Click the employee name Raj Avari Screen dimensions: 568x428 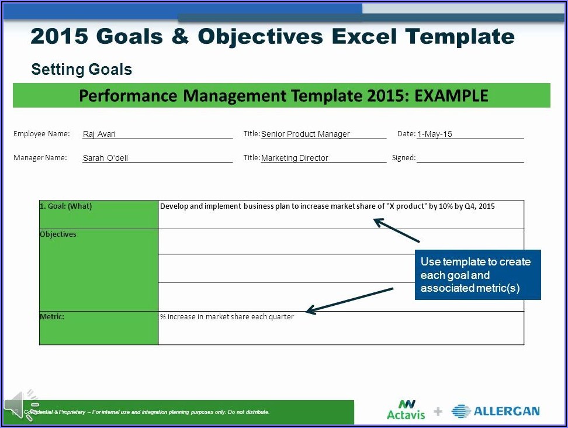coord(99,134)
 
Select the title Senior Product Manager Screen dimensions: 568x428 coord(306,134)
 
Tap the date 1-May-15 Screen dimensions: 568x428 coord(435,134)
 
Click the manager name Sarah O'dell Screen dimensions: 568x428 coord(105,158)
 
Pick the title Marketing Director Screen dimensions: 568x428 coord(295,158)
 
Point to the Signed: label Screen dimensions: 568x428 coord(404,158)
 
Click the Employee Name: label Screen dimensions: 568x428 coord(41,134)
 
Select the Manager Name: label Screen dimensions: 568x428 coord(40,158)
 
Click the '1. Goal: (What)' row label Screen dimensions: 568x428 coord(66,206)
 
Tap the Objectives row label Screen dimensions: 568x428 coord(58,234)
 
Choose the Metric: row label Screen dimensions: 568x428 coord(52,316)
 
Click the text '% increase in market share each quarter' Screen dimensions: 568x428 coord(227,317)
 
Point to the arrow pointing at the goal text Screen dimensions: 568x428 coord(396,230)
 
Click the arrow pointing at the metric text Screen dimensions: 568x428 coord(349,301)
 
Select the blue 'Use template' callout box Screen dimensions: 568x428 coord(478,275)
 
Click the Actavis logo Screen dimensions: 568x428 coord(406,410)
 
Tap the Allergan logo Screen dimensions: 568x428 coord(496,411)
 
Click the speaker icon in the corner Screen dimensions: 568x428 coord(20,405)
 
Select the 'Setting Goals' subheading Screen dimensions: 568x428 coord(81,69)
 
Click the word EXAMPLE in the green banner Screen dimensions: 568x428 coord(451,96)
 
